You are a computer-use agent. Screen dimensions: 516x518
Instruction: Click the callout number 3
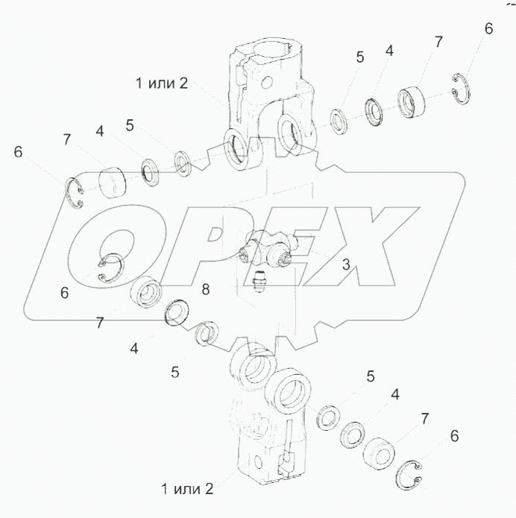pos(346,265)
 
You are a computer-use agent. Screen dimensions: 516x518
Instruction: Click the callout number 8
pos(206,290)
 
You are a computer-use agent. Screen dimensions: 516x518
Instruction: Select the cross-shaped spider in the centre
pos(268,247)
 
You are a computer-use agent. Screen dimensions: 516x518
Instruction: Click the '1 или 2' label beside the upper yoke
pos(162,83)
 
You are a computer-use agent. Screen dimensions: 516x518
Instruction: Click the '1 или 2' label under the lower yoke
pos(187,489)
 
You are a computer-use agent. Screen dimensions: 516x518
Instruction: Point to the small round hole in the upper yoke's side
pos(267,82)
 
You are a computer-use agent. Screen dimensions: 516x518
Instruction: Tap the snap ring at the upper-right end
pos(462,89)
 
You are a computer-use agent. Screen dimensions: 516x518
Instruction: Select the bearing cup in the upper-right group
pos(411,102)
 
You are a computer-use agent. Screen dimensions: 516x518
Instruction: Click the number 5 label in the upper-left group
pos(130,125)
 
